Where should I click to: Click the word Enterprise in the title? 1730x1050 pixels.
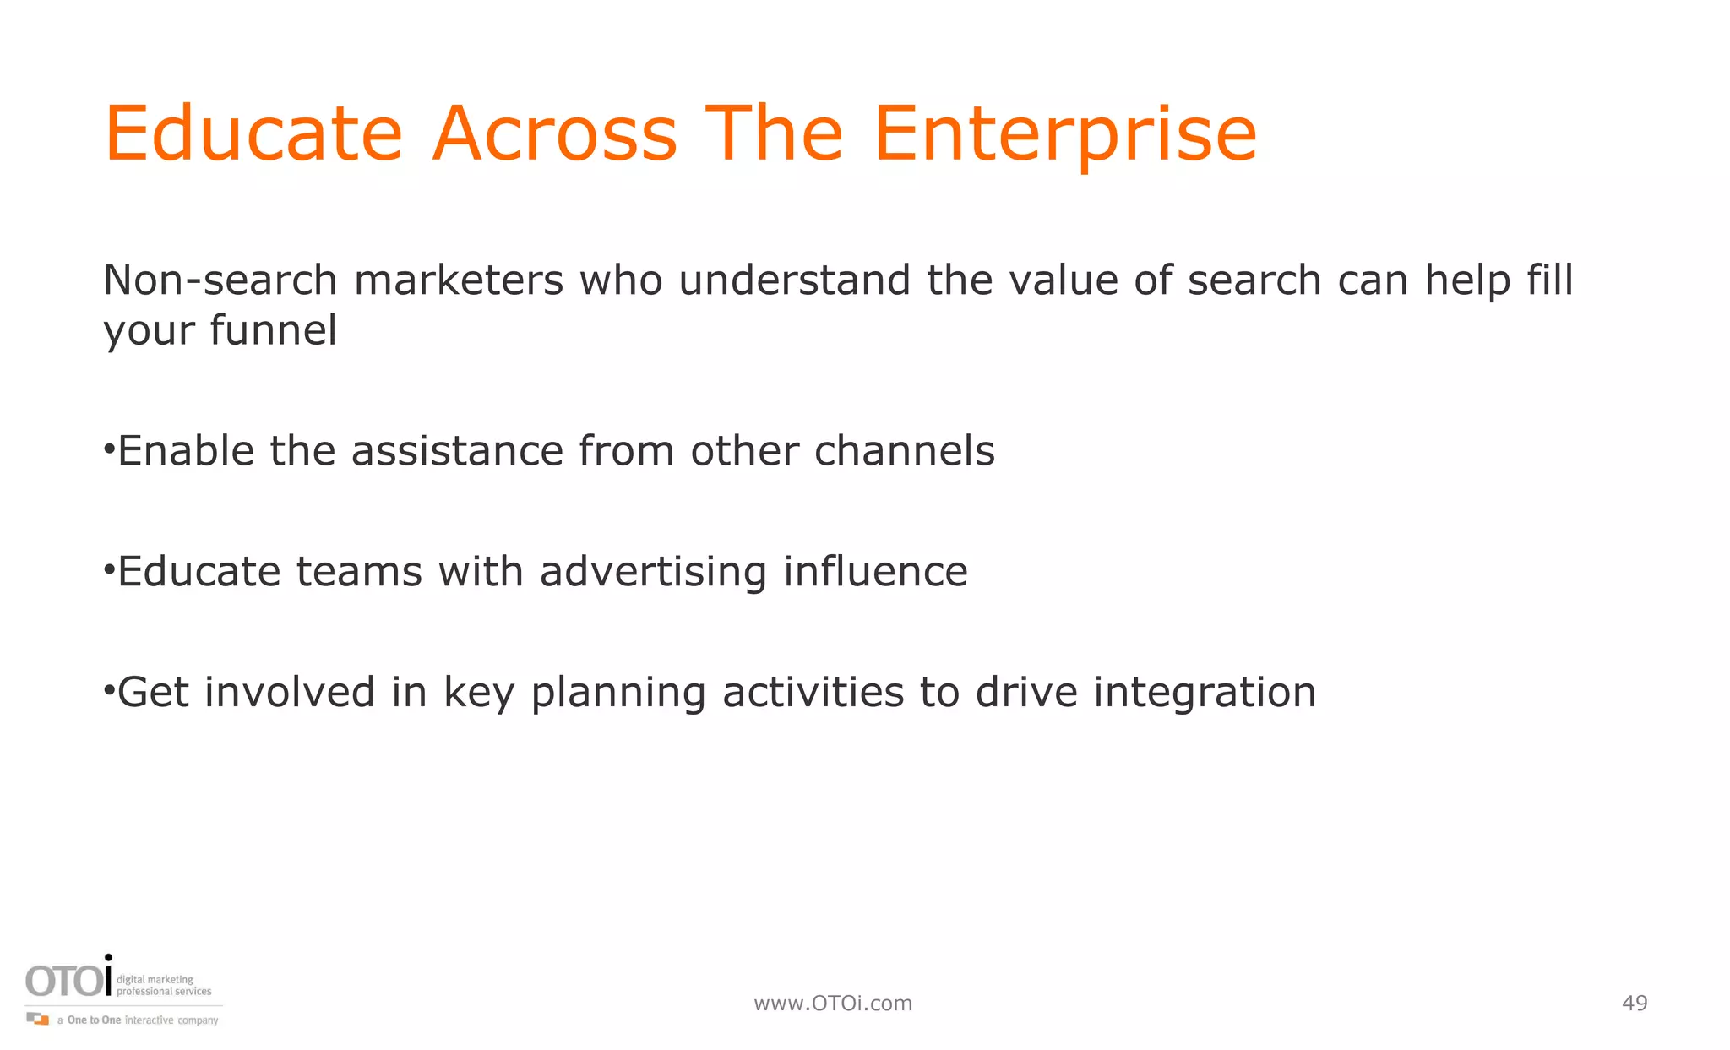1065,135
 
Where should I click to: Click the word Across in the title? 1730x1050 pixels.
555,135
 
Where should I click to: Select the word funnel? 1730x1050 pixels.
273,329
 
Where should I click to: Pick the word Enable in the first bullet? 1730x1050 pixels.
186,450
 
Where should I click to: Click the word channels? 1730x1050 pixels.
904,450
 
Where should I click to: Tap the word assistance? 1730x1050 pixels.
457,450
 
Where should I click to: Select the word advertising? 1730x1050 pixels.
653,571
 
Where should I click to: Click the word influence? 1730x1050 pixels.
875,571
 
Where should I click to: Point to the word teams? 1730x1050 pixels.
359,571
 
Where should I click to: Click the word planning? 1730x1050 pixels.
617,694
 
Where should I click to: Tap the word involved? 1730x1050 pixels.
290,692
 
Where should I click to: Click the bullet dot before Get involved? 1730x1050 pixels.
108,691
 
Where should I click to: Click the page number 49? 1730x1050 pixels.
1635,1003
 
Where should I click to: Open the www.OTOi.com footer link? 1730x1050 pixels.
833,1003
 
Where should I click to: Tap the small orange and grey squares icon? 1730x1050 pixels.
37,1019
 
